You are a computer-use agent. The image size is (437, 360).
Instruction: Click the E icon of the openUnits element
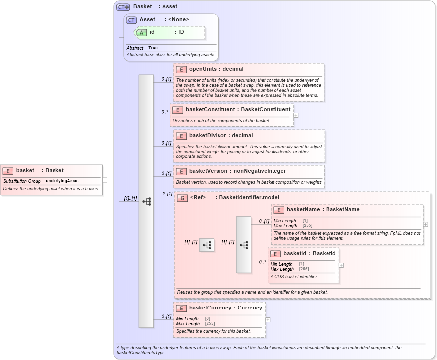tap(181, 69)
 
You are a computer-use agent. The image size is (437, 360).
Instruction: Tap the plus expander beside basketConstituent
tap(296, 115)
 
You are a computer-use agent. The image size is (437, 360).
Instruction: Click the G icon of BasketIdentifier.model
tap(182, 198)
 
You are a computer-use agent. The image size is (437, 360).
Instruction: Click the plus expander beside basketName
tap(425, 224)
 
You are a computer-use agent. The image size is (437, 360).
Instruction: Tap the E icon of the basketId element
tap(275, 253)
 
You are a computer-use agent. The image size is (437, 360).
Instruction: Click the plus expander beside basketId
tap(341, 265)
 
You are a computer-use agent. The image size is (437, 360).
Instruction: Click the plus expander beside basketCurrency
tap(268, 319)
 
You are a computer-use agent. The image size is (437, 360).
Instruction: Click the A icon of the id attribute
tap(141, 32)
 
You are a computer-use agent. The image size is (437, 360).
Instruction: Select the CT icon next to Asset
tap(131, 20)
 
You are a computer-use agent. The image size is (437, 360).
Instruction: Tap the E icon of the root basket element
tap(8, 171)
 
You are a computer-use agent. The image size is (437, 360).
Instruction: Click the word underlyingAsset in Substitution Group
tap(62, 181)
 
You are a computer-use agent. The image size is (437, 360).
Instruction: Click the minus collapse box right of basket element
tap(105, 180)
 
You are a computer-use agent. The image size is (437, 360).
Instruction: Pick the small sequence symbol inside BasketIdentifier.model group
tap(207, 245)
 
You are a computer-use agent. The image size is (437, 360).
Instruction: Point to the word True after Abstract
tap(153, 48)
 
